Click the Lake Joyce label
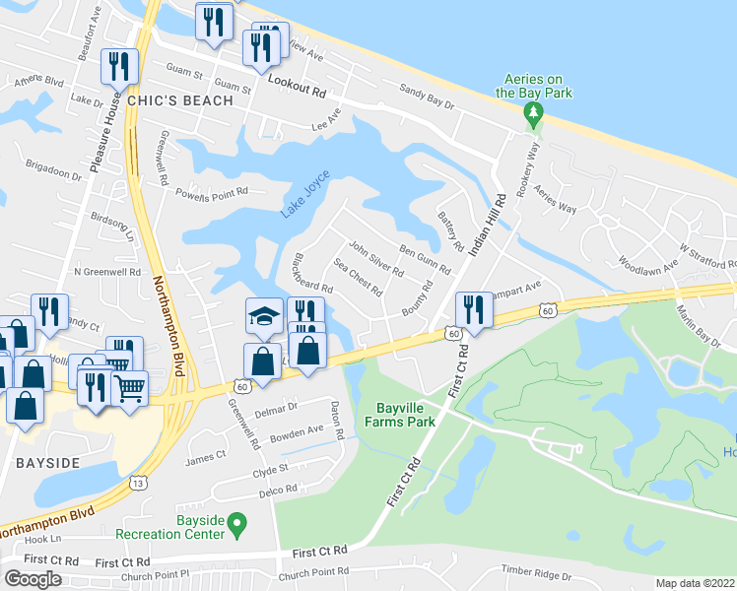click(x=304, y=194)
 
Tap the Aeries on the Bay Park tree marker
click(x=533, y=115)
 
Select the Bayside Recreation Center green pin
click(x=236, y=523)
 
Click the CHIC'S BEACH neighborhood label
click(x=179, y=100)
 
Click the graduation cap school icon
click(x=263, y=316)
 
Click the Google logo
click(x=33, y=578)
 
